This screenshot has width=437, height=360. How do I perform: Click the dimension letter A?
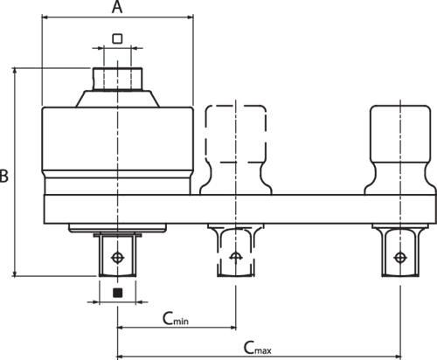tap(117, 7)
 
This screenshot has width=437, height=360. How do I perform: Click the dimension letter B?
tap(3, 176)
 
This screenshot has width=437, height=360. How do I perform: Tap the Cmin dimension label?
tap(176, 318)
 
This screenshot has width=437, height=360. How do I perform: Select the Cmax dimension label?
tap(258, 348)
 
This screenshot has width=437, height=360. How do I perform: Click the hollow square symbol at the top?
tap(117, 38)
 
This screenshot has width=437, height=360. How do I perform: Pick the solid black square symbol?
tap(117, 293)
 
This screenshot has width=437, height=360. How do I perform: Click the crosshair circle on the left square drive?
tap(118, 257)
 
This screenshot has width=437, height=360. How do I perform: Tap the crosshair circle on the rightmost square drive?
tap(400, 257)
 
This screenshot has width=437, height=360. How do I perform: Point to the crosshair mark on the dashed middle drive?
tap(236, 256)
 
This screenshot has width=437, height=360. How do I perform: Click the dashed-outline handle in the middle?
tap(236, 149)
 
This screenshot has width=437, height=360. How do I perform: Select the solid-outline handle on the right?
tap(400, 149)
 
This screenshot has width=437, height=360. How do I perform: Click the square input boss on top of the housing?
tap(118, 79)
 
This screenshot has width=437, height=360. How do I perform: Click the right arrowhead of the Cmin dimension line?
tap(233, 328)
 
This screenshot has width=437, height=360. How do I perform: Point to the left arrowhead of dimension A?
tap(45, 17)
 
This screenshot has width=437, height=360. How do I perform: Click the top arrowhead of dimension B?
tap(15, 71)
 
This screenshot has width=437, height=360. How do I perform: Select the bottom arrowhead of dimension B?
tap(15, 273)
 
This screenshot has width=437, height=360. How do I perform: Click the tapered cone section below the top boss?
tap(118, 99)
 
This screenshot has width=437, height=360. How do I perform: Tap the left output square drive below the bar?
tap(118, 254)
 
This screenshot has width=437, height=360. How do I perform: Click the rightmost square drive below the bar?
tap(400, 251)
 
